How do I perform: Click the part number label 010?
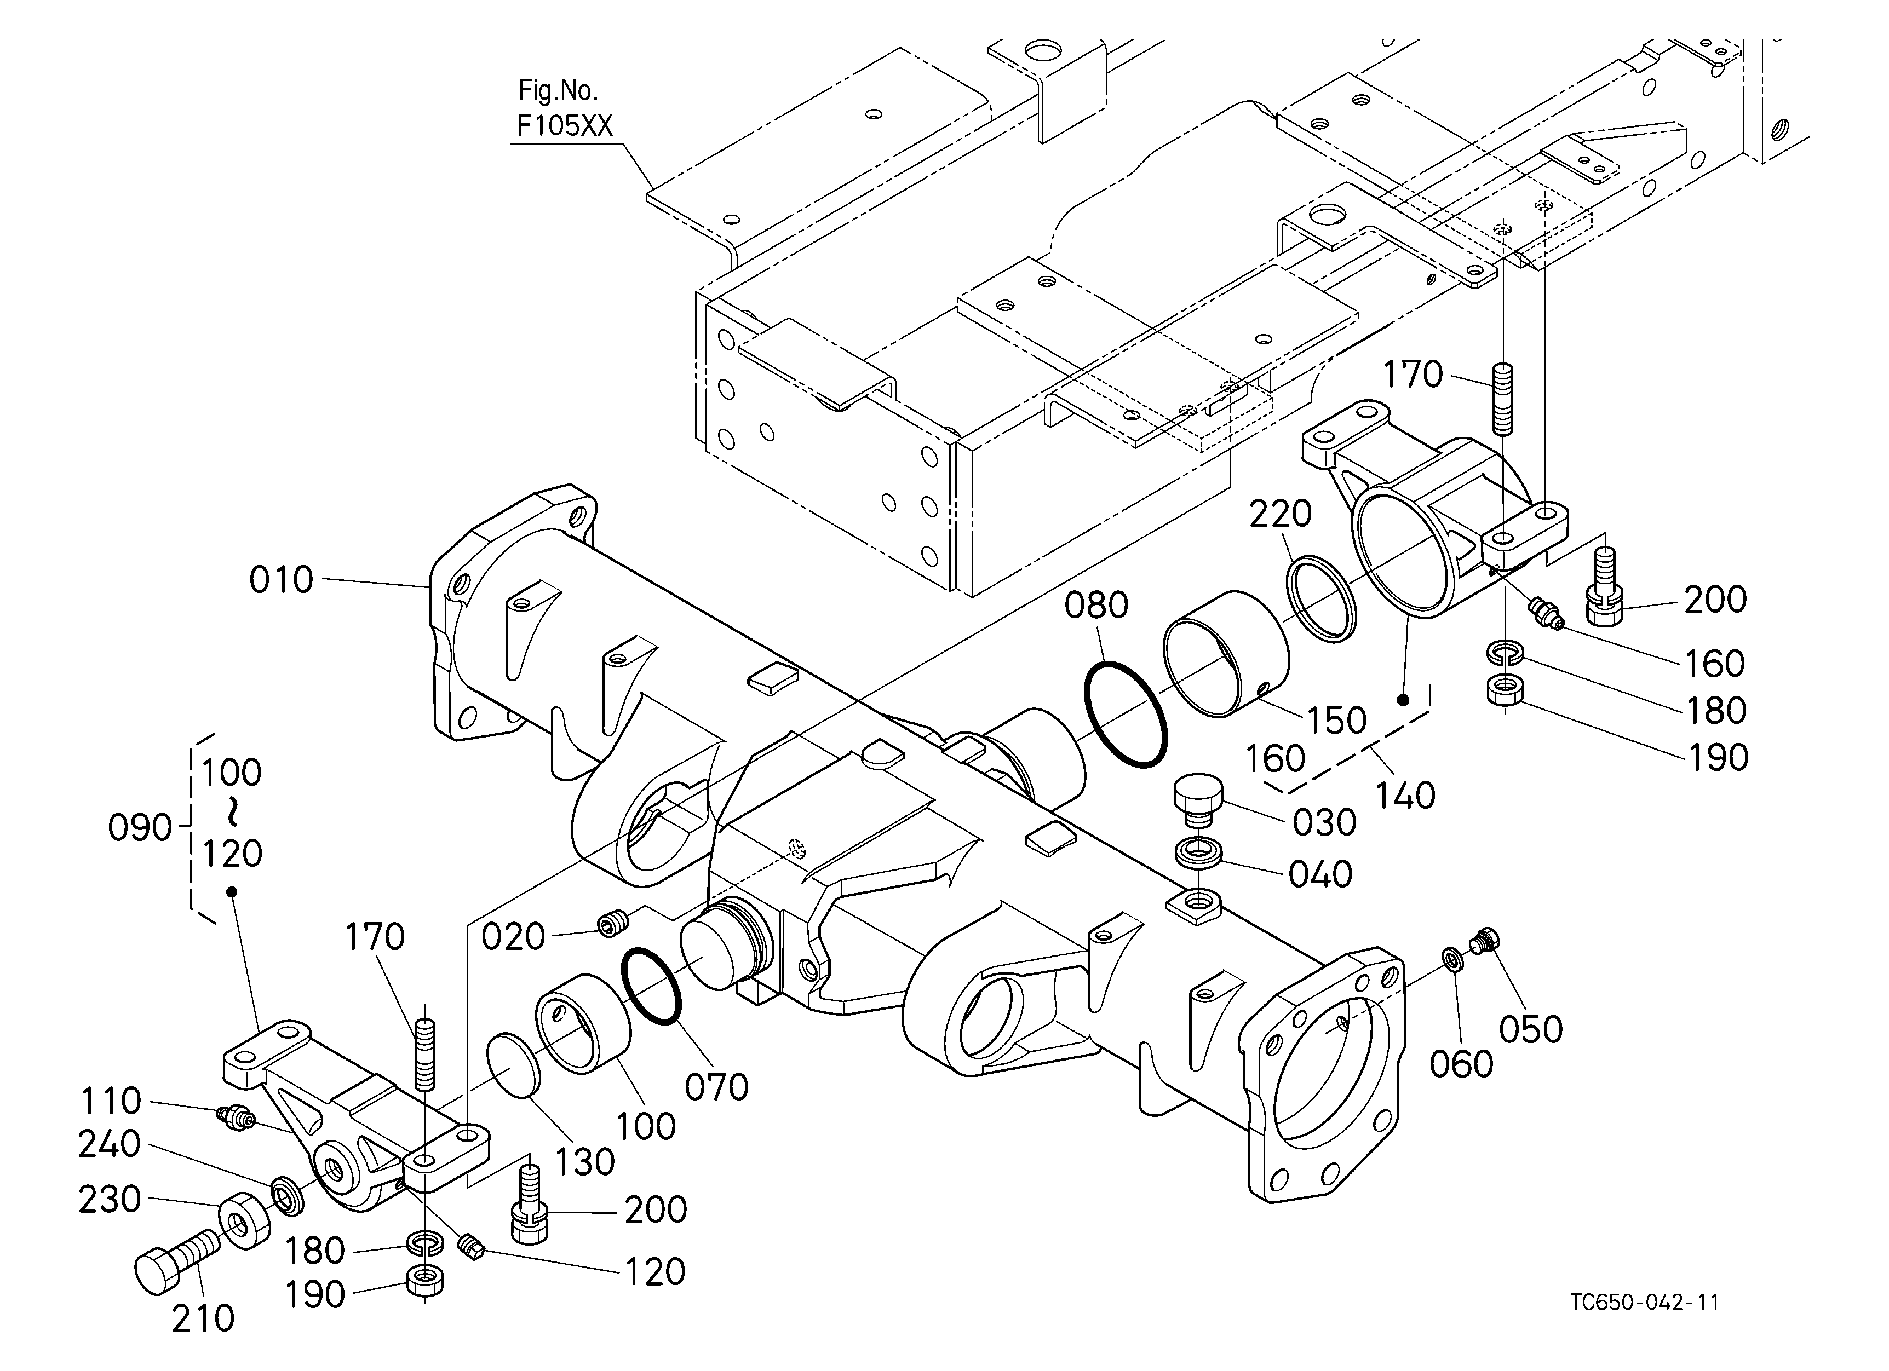(x=282, y=580)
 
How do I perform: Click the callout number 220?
(x=1280, y=515)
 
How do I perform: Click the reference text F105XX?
(x=565, y=126)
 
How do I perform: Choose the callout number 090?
(x=140, y=828)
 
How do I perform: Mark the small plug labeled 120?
(x=472, y=1247)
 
